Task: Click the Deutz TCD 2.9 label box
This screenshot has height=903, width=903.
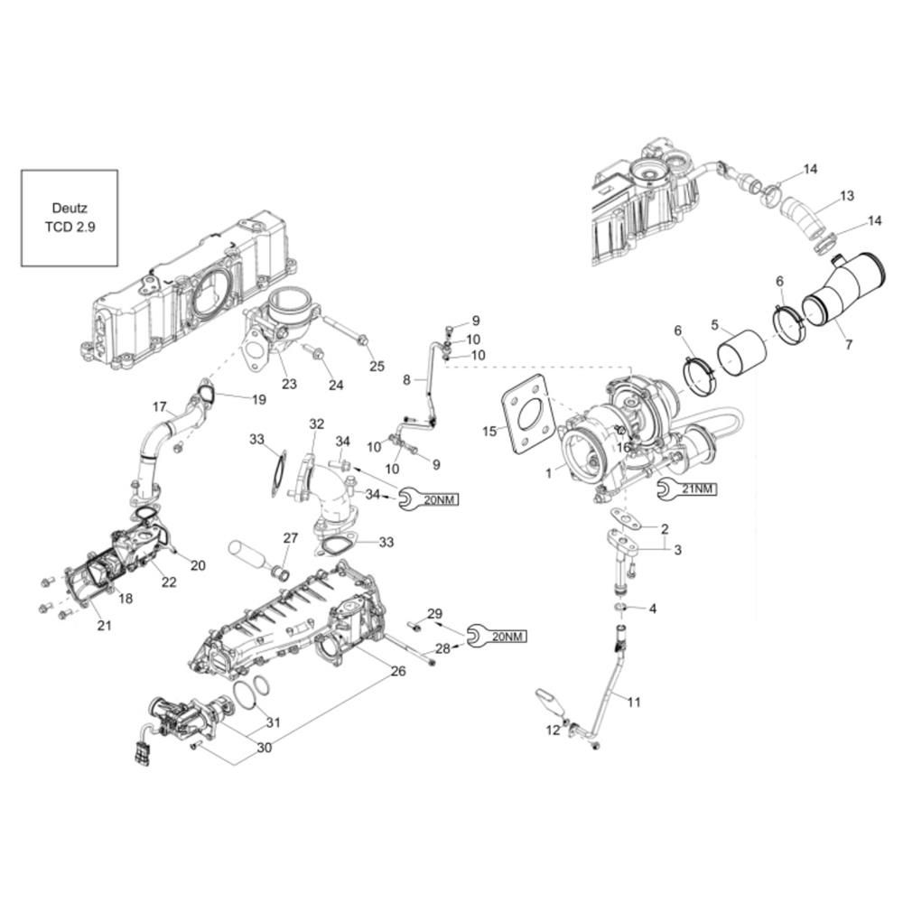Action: pos(70,218)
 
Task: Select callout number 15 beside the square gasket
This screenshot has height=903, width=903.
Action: pos(489,431)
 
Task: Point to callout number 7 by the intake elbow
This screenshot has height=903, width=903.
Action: pos(848,345)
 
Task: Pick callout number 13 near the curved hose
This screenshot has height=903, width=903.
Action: pos(847,196)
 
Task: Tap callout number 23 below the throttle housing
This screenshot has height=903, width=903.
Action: pos(289,384)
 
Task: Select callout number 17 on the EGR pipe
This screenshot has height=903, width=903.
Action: pos(160,407)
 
